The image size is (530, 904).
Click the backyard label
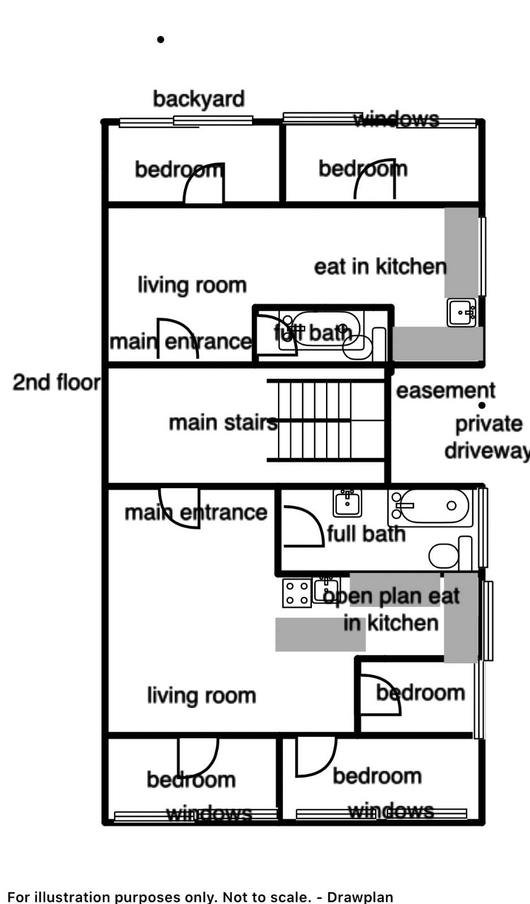click(198, 99)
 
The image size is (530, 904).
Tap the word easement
click(445, 390)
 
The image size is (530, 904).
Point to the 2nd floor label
click(56, 383)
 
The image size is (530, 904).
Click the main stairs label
click(223, 422)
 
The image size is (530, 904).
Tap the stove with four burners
click(297, 593)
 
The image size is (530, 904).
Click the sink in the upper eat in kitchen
click(462, 312)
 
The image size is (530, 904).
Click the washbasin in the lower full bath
click(347, 502)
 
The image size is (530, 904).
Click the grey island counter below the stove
click(320, 634)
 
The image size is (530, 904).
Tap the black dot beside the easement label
click(482, 405)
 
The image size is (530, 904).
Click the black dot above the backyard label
click(160, 40)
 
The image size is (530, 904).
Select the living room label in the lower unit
click(201, 695)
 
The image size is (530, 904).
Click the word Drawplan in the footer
click(360, 897)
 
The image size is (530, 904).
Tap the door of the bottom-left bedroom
click(197, 757)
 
